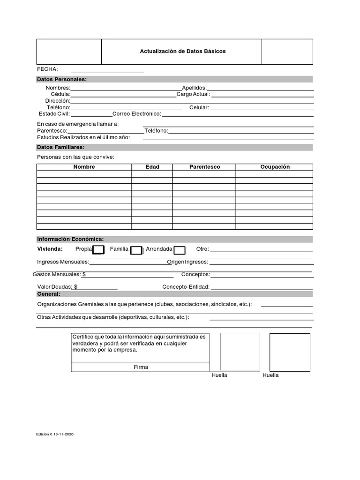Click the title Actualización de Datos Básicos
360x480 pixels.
[182, 51]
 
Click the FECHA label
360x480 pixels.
[47, 69]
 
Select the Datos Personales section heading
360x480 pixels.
[61, 79]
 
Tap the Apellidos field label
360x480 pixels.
[194, 88]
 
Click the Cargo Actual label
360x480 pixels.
[193, 94]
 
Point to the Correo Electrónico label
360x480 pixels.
[136, 114]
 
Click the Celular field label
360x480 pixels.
[199, 107]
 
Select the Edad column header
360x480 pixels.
[152, 167]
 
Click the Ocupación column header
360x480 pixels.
[275, 167]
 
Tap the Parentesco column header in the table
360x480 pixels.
[204, 167]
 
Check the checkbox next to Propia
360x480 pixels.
[98, 250]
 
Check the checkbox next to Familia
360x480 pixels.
[136, 250]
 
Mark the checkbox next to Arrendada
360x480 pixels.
[180, 250]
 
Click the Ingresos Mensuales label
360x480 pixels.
[63, 262]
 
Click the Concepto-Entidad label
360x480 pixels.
[186, 287]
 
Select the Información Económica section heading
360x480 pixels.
[70, 239]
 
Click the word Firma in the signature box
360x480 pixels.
[141, 367]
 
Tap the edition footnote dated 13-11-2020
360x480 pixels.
[55, 435]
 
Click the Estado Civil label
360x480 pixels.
[54, 114]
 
